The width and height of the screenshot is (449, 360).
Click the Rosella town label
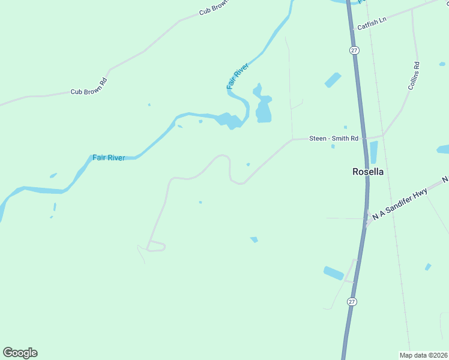pyautogui.click(x=367, y=172)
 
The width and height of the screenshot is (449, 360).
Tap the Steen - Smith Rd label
pyautogui.click(x=334, y=139)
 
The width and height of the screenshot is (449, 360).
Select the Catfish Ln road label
pyautogui.click(x=372, y=27)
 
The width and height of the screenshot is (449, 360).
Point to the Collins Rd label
pyautogui.click(x=414, y=76)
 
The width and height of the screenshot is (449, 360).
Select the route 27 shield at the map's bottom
pyautogui.click(x=352, y=302)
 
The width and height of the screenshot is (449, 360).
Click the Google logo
pyautogui.click(x=20, y=353)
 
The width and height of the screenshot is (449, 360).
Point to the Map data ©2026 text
pyautogui.click(x=424, y=355)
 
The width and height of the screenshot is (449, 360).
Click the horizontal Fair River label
pyautogui.click(x=109, y=158)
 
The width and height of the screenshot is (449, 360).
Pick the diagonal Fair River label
pyautogui.click(x=237, y=77)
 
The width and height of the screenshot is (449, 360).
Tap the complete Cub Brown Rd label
pyautogui.click(x=89, y=92)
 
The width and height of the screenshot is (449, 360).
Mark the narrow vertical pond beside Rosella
pyautogui.click(x=374, y=152)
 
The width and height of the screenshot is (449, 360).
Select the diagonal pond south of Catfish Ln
pyautogui.click(x=333, y=79)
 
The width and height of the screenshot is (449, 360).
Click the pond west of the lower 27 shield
pyautogui.click(x=333, y=273)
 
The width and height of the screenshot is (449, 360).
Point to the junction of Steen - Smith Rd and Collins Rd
pyautogui.click(x=382, y=135)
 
